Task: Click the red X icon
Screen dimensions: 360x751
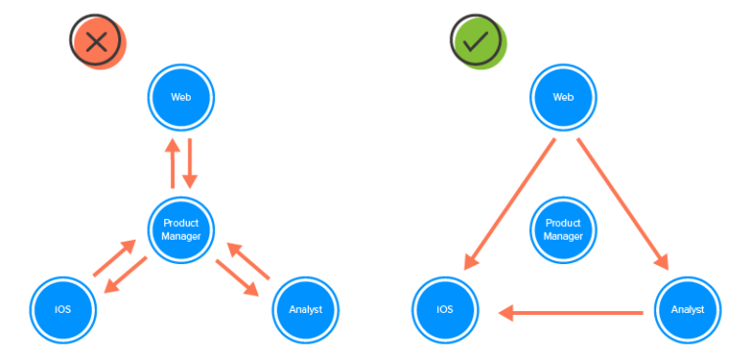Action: (x=96, y=41)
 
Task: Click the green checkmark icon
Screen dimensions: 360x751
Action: (x=476, y=41)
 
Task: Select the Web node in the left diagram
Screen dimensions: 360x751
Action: (x=181, y=98)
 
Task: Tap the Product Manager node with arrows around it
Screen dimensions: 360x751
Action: (x=181, y=230)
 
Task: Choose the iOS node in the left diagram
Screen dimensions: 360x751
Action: (x=63, y=310)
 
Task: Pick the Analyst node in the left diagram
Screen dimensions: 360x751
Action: (x=304, y=310)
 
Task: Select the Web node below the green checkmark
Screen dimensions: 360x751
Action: (x=563, y=98)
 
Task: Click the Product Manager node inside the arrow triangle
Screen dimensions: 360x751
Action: (x=563, y=230)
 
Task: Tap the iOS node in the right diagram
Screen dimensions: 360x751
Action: (x=444, y=311)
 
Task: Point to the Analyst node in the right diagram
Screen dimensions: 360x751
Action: (x=686, y=311)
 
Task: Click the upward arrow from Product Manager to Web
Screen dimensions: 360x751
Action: (x=172, y=163)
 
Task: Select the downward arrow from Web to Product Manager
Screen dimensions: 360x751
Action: (x=191, y=163)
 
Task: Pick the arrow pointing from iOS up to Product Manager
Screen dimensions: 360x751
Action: (x=114, y=259)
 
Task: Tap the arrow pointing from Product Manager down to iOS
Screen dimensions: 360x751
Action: (x=127, y=276)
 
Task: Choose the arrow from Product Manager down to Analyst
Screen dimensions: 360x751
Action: (x=237, y=278)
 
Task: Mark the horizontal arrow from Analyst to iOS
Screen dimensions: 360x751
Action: (x=571, y=313)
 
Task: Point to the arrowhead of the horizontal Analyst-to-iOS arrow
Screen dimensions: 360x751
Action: (x=506, y=313)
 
